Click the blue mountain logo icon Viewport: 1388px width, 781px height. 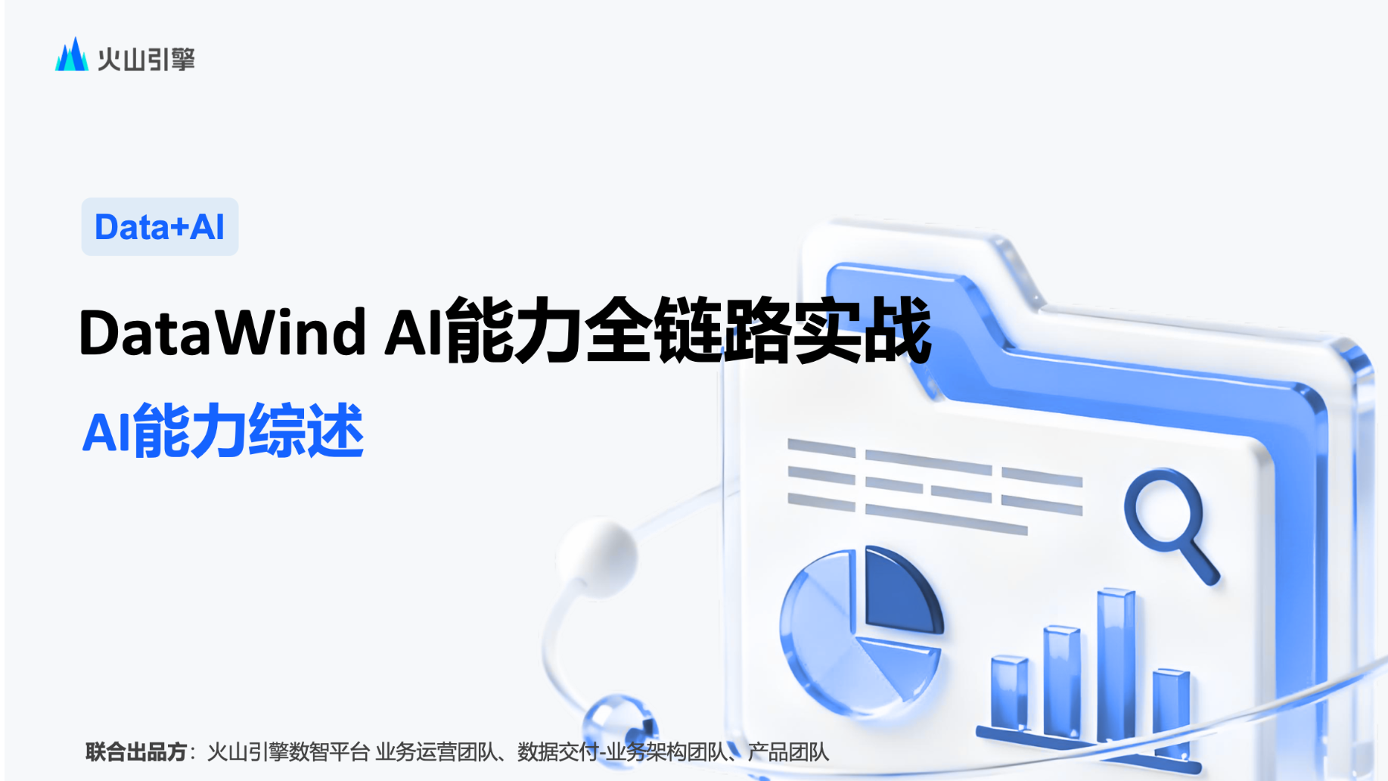(71, 55)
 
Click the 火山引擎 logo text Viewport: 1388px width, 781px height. (146, 59)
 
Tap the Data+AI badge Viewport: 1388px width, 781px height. (160, 227)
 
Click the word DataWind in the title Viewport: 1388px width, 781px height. (222, 332)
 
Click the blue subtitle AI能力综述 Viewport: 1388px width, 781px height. (223, 431)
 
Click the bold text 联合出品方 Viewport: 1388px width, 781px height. (136, 751)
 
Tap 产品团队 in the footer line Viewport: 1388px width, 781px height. (788, 751)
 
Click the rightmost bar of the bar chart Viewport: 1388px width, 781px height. (1172, 711)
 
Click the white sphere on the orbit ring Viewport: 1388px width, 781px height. (598, 558)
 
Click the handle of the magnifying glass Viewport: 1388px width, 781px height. (1200, 562)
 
